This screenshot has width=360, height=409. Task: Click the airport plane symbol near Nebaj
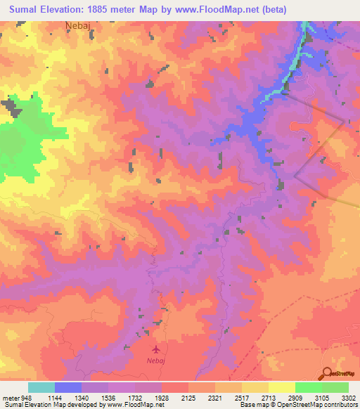click(156, 349)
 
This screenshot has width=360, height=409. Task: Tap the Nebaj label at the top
click(78, 24)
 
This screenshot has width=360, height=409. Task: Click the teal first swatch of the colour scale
click(41, 387)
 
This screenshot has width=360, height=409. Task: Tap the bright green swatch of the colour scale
click(308, 387)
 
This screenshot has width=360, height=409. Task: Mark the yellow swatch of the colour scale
click(281, 387)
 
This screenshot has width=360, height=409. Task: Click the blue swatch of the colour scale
click(68, 387)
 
